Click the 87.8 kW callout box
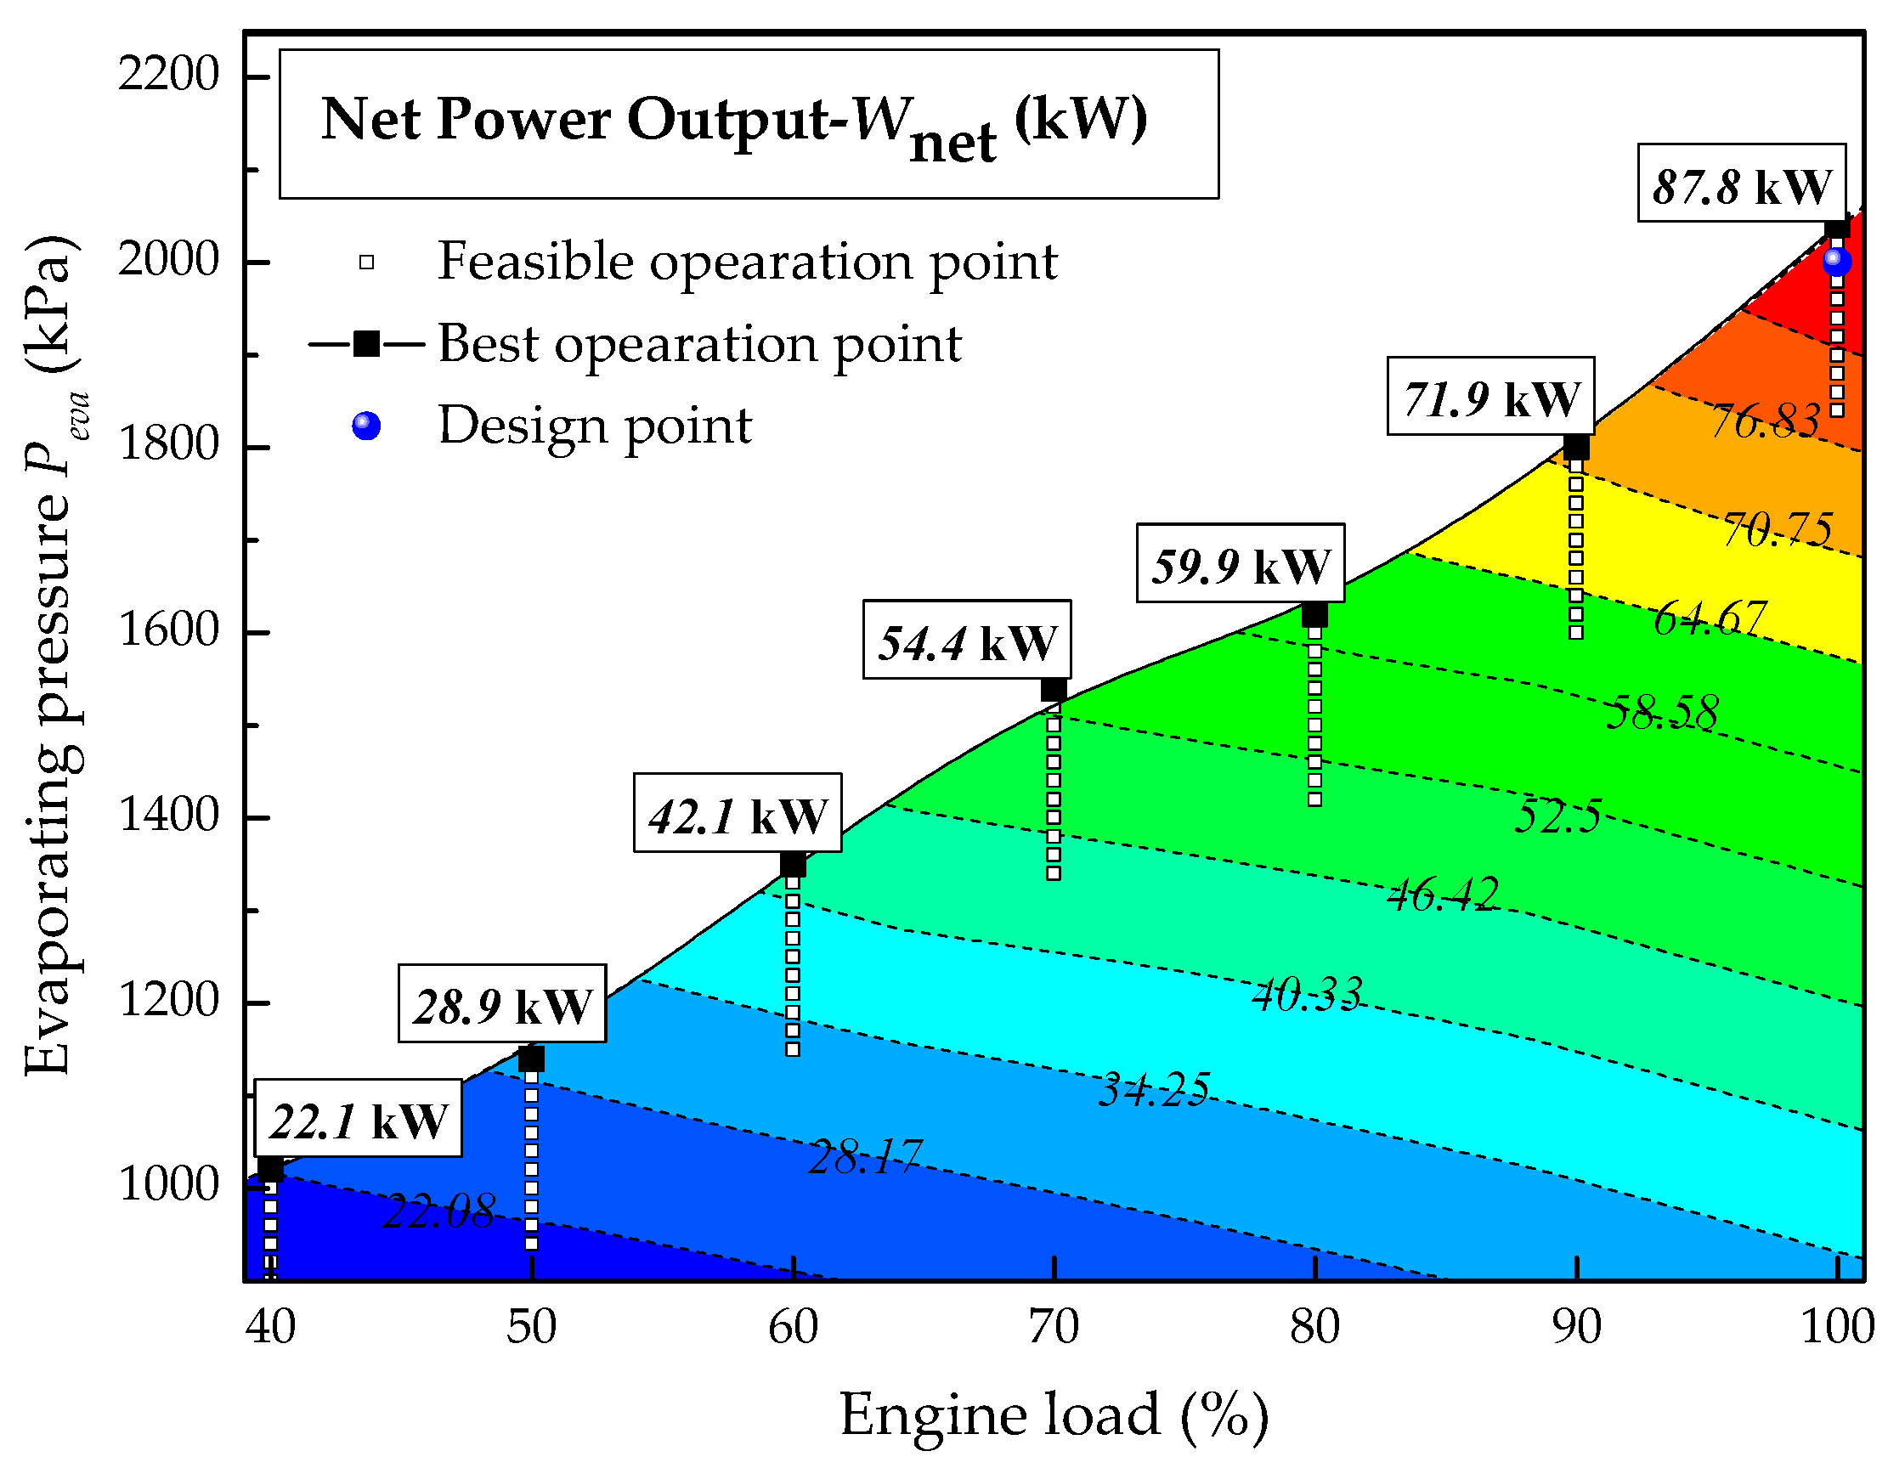[x=1741, y=184]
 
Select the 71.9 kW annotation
[x=1490, y=397]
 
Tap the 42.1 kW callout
[x=738, y=814]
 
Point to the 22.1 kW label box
[x=358, y=1120]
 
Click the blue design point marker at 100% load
[x=1836, y=260]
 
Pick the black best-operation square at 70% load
[x=1053, y=689]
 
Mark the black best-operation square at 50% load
[x=531, y=1059]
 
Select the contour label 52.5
[x=1557, y=816]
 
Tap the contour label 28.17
[x=865, y=1157]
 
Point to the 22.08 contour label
[x=439, y=1211]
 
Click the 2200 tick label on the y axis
[x=168, y=75]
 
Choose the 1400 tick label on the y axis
[x=168, y=816]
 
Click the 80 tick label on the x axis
[x=1314, y=1327]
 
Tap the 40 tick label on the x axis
[x=269, y=1327]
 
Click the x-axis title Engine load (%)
[x=1054, y=1414]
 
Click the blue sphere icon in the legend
[x=366, y=426]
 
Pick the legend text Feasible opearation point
[x=747, y=260]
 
